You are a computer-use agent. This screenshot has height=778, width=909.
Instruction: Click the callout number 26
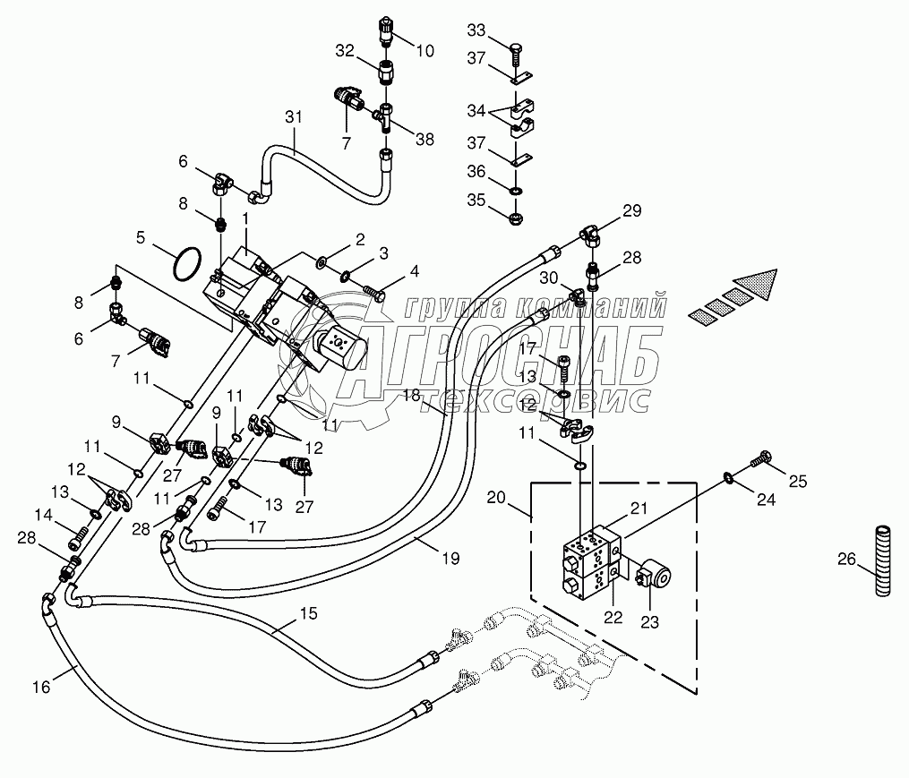847,560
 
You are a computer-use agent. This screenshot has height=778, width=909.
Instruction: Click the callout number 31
294,117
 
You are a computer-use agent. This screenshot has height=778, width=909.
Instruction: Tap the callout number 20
496,498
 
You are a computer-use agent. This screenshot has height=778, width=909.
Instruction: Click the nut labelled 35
515,219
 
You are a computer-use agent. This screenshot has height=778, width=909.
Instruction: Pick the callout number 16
41,687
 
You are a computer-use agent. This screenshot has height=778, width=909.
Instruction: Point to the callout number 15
309,613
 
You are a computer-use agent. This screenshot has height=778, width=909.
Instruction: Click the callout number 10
424,50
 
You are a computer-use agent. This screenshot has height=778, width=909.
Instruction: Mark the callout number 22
613,618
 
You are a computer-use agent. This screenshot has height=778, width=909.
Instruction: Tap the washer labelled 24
728,477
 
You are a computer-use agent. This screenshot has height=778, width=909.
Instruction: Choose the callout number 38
424,139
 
